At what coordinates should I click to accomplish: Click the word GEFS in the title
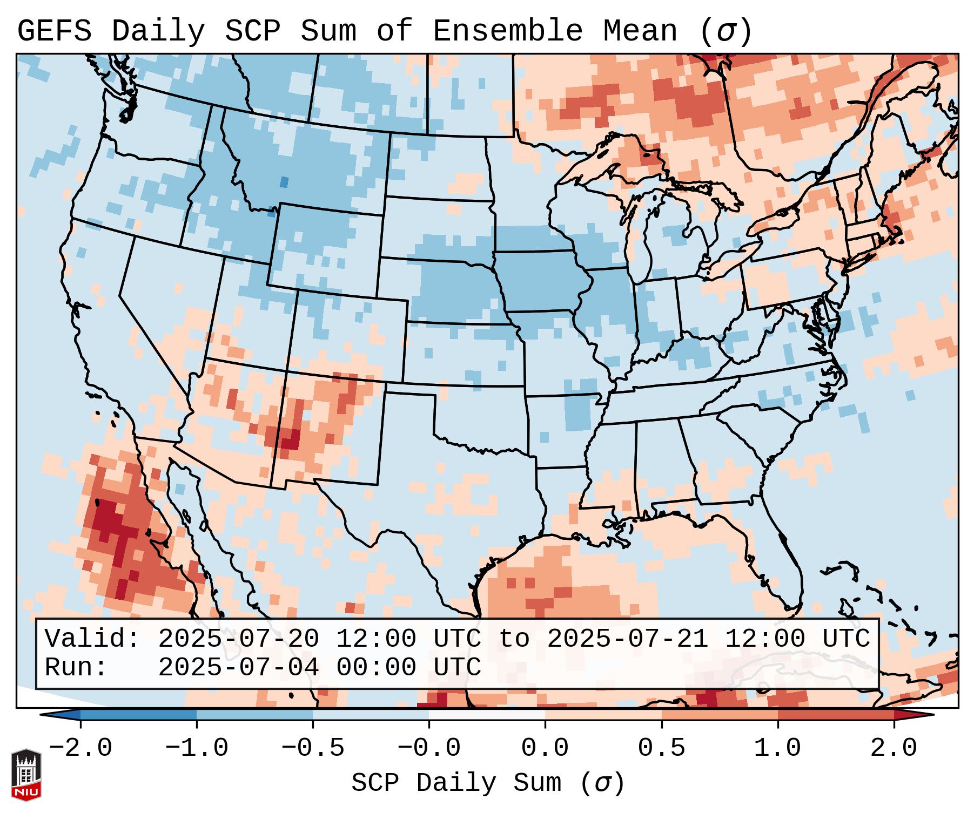pos(54,31)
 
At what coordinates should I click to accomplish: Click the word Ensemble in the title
pos(507,31)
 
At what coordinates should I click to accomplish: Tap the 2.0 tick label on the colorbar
pos(894,748)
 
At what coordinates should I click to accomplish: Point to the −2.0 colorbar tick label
pos(80,748)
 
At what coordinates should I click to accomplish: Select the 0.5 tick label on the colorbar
pos(661,748)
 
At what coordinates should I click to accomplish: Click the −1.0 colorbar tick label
pos(197,748)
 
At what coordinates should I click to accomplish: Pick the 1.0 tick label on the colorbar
pos(777,748)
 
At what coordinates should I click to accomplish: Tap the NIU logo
pos(26,775)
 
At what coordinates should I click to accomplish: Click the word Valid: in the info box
pos(92,639)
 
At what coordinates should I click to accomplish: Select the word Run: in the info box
pos(76,667)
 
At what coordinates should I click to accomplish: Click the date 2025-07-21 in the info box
pos(627,639)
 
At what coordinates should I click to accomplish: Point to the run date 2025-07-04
pos(238,667)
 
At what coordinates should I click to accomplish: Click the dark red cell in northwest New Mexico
pos(291,438)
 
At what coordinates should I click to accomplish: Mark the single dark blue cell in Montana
pos(284,182)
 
